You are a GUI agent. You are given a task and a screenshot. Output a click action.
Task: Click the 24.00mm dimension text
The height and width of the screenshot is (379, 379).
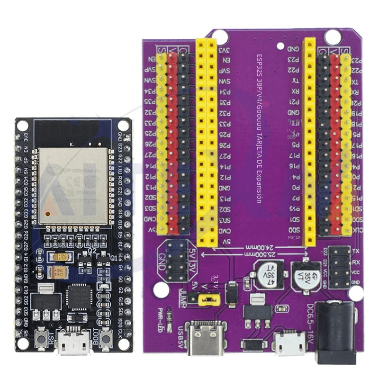pos(259,248)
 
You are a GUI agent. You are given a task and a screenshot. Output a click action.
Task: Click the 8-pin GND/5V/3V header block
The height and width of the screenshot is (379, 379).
pos(176,260)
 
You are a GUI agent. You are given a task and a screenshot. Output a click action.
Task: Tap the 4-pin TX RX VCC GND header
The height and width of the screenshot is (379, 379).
pos(340,266)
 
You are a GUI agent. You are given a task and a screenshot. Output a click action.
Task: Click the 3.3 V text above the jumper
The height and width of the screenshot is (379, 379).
pos(215,281)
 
